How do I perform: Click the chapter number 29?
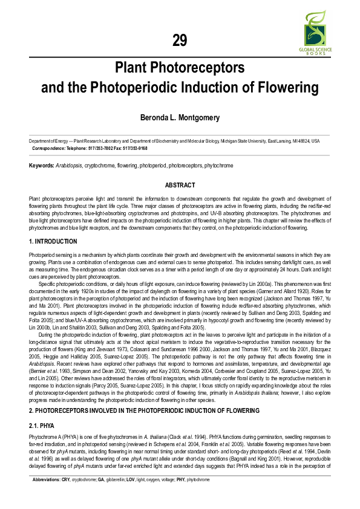click(180, 41)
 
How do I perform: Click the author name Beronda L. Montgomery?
click(180, 117)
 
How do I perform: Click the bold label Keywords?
click(41, 165)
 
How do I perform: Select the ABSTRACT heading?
click(180, 185)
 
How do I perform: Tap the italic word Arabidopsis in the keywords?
click(69, 165)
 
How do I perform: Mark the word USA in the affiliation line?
click(315, 141)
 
